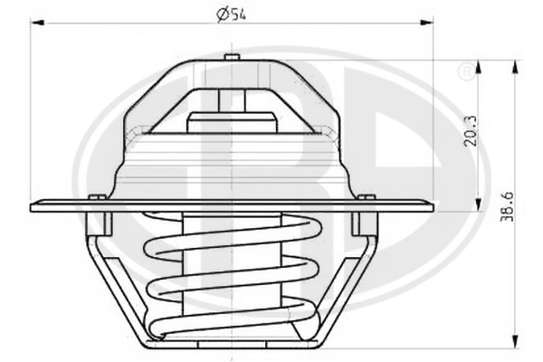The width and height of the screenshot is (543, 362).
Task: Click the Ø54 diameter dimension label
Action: click(231, 14)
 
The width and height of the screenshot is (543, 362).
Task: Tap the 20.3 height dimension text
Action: click(471, 130)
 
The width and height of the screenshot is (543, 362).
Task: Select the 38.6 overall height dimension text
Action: click(507, 206)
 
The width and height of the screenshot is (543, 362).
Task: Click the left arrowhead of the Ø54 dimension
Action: click(37, 23)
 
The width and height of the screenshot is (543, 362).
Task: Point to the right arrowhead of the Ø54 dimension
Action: click(426, 23)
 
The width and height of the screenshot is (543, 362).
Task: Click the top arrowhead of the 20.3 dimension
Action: click(479, 67)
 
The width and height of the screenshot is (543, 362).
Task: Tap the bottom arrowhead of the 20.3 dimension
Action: click(479, 205)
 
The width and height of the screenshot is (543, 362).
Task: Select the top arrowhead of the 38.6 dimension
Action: click(516, 67)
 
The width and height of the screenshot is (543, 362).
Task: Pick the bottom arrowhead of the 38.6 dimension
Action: click(516, 343)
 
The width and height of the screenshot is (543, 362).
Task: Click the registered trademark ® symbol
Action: click(466, 71)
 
